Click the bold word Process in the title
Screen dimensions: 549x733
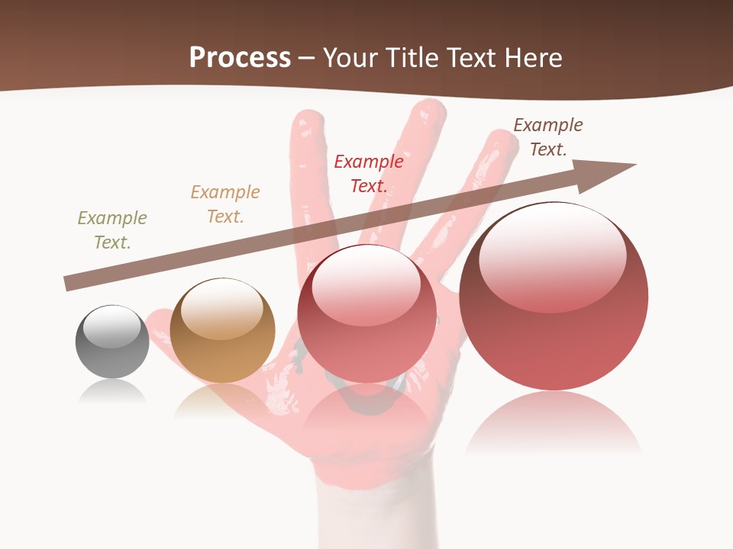240,57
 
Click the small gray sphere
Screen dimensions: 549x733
112,342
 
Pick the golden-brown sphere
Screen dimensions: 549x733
222,330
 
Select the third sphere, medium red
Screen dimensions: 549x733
366,314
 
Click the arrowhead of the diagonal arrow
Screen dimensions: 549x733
611,169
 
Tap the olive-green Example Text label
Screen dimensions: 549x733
112,230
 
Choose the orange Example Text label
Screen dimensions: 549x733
225,204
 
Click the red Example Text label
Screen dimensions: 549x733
369,173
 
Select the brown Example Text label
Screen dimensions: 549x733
547,137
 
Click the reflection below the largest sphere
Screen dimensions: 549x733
554,423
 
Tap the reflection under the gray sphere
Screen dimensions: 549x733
112,392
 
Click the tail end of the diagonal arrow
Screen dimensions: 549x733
70,284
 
